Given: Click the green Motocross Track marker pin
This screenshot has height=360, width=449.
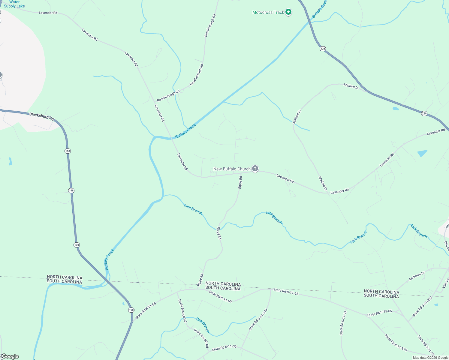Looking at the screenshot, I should pos(288,12).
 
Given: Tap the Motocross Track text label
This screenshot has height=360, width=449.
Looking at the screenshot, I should pos(268,12).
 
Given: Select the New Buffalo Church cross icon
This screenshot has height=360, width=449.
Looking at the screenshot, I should pos(255,169).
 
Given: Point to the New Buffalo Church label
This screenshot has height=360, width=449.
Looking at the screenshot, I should pos(232,169).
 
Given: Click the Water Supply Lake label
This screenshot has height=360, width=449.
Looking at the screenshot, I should pos(14,4).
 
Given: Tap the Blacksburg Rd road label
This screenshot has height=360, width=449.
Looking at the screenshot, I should pos(42,116).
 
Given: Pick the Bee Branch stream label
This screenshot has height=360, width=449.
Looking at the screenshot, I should pos(203,325).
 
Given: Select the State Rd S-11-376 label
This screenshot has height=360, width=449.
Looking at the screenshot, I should pos(258,319).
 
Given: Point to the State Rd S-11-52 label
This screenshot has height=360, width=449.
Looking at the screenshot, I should pos(224,348).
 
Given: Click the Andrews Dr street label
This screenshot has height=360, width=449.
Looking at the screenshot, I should pos(417,276).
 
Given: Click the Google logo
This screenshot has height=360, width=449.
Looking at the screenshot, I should pos(10,356).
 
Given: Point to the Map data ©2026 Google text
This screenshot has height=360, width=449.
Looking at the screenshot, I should pos(430,358).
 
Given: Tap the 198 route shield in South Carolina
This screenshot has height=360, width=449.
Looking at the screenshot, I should pos(131,310).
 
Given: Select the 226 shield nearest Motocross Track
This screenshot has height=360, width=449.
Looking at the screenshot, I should pos(323,49).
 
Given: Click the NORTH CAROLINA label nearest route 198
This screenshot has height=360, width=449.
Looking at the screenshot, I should pos(65,277).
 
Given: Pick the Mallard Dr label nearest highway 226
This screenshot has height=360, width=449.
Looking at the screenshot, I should pos(351,86).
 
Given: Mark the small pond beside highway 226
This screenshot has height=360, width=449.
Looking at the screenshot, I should pos(396,108).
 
